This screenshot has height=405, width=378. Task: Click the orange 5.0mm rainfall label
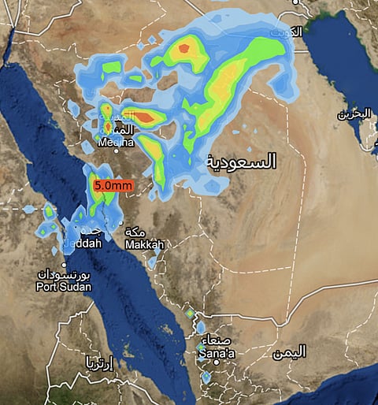point(113,186)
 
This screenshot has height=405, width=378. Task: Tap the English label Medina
point(117,142)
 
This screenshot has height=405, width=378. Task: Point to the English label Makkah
point(144,245)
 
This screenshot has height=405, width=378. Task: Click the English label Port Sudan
point(63,287)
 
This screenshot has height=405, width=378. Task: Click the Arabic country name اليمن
point(288,352)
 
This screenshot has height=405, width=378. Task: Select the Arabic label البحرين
point(354,113)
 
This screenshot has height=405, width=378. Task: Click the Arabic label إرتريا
point(100,362)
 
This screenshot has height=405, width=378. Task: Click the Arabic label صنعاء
point(220,341)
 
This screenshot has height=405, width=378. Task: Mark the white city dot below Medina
point(117,152)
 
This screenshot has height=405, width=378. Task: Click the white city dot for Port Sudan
point(65,265)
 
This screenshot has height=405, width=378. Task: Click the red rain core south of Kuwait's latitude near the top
point(184,48)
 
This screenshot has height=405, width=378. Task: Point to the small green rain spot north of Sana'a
point(189,314)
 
